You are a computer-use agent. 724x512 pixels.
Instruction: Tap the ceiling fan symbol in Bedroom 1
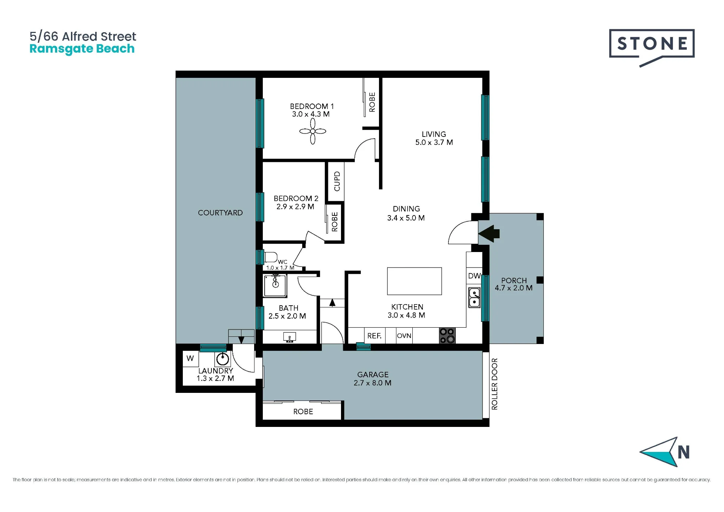[x=313, y=131]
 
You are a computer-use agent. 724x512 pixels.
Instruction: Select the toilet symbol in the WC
[x=271, y=257]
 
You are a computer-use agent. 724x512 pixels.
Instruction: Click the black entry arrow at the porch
[x=489, y=234]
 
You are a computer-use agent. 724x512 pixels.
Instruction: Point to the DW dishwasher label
[x=474, y=276]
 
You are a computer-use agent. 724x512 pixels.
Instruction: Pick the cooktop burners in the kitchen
[x=447, y=336]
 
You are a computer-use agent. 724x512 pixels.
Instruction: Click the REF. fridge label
[x=374, y=336]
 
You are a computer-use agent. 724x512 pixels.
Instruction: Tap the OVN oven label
[x=404, y=336]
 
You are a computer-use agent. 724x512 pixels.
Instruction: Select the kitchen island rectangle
[x=414, y=281]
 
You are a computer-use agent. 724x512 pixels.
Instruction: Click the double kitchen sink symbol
[x=474, y=298]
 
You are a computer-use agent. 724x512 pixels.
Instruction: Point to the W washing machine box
[x=190, y=358]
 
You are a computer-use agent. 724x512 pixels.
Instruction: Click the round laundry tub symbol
[x=223, y=359]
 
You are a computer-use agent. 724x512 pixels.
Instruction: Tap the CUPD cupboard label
[x=337, y=181]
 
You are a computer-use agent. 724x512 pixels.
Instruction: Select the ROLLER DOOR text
[x=494, y=384]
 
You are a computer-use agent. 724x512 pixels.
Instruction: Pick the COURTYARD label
[x=220, y=213]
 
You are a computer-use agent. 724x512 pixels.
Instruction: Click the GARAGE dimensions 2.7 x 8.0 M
[x=372, y=383]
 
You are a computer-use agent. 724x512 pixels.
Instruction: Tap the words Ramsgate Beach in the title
[x=82, y=49]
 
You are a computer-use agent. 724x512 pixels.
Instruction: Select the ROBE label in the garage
[x=303, y=412]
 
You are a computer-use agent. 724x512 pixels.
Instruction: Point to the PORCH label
[x=514, y=281]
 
